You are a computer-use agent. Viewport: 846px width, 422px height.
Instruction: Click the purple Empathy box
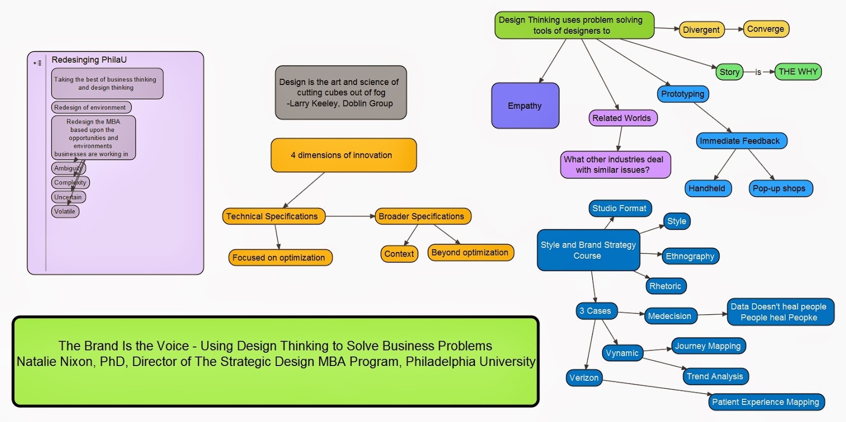click(525, 106)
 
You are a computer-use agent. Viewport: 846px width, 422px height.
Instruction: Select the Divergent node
click(701, 30)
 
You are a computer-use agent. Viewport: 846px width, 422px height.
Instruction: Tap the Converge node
click(766, 29)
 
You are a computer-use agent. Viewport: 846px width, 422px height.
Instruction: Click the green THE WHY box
click(798, 71)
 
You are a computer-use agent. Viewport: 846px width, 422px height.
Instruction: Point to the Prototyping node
click(683, 94)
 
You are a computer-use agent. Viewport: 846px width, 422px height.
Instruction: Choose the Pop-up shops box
click(779, 188)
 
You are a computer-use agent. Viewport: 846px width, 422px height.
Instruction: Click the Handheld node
click(707, 188)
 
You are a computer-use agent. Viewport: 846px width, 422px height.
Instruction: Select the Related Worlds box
click(622, 118)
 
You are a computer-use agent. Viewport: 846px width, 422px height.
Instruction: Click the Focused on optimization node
click(279, 258)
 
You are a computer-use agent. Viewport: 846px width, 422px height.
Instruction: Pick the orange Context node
click(399, 254)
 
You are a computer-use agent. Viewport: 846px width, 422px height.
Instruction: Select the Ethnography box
click(690, 256)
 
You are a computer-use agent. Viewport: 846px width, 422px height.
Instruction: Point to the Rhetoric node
click(665, 286)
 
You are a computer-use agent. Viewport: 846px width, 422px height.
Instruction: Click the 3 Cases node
click(595, 311)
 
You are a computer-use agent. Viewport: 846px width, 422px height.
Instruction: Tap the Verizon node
click(584, 378)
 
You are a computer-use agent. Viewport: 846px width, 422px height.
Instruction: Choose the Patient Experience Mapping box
click(766, 402)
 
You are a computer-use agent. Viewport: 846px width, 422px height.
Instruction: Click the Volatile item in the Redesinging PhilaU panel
click(65, 211)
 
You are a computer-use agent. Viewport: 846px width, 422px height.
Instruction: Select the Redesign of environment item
click(90, 107)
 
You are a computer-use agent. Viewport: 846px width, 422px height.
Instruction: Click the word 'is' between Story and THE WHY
click(758, 72)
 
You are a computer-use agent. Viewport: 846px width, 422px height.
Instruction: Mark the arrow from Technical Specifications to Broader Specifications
click(350, 216)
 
